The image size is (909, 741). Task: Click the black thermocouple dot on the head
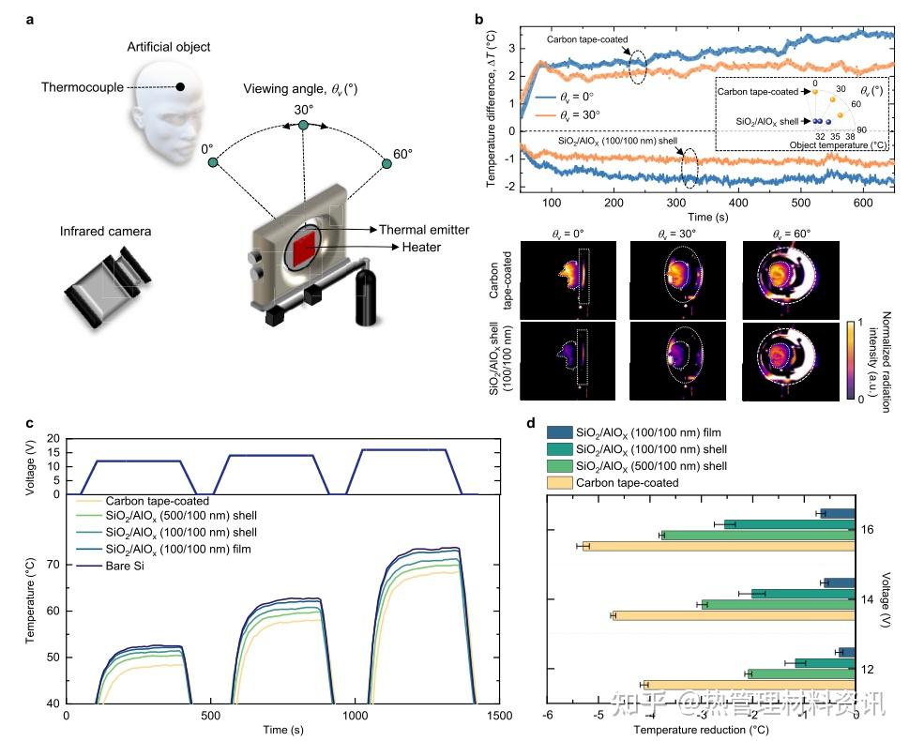point(180,87)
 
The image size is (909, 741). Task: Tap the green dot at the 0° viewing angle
point(213,162)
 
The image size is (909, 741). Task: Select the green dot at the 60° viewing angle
point(386,163)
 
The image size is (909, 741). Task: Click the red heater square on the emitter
point(304,249)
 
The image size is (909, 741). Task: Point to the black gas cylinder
point(365,295)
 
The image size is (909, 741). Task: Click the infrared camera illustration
point(107,285)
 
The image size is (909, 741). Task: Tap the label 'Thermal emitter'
point(424,230)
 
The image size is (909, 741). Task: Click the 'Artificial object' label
point(169,47)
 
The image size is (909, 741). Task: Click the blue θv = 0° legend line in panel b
point(546,97)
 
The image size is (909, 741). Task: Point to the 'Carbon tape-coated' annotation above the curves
point(587,39)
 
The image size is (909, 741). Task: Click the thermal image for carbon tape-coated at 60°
point(791,280)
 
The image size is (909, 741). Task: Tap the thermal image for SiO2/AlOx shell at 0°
point(568,360)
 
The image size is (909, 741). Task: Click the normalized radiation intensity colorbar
point(850,359)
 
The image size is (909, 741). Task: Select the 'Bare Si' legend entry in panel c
point(125,566)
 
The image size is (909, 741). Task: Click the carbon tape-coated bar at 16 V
point(719,546)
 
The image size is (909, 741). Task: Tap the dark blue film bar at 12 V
point(847,652)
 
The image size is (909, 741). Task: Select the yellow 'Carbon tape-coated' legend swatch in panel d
point(560,483)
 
